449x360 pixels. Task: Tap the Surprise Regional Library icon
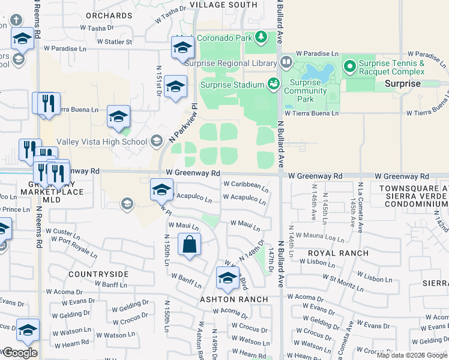(x=286, y=62)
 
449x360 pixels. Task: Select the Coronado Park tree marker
(x=261, y=38)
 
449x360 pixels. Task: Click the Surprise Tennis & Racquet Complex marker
(x=348, y=63)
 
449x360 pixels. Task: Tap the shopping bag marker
(x=189, y=245)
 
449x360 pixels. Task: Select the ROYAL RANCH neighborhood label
(x=337, y=253)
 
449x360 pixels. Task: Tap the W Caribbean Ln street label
(x=245, y=185)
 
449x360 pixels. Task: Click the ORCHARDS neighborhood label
(x=109, y=15)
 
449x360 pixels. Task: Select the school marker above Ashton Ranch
(x=227, y=278)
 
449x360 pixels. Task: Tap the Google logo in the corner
(x=20, y=353)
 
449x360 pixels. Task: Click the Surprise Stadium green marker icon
(x=274, y=82)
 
